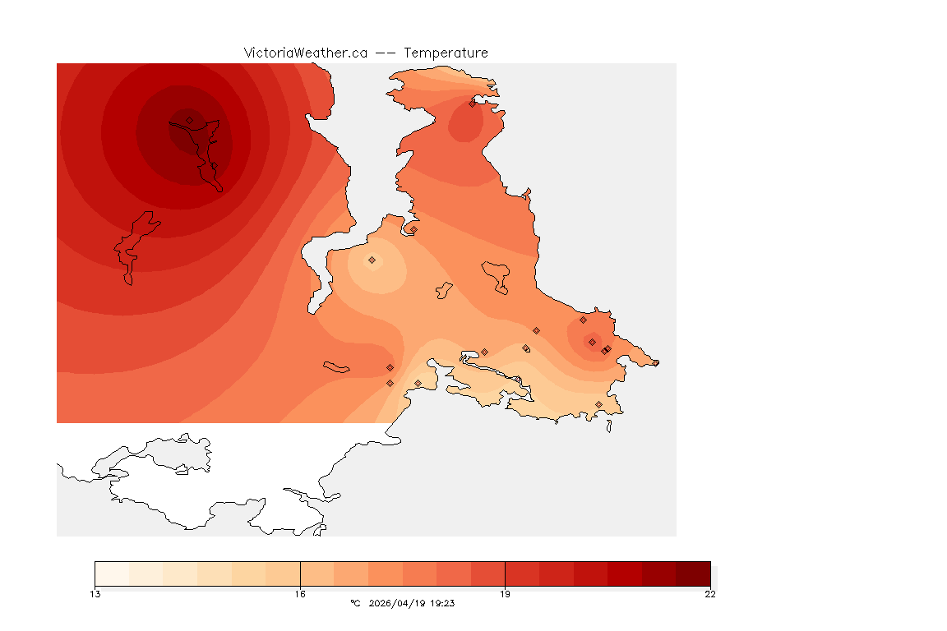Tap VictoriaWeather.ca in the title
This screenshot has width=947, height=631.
[305, 53]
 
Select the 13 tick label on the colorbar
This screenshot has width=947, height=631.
[95, 594]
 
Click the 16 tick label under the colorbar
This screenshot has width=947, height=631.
[300, 594]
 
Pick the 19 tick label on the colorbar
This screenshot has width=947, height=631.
[505, 594]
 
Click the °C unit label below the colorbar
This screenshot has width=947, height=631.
[355, 603]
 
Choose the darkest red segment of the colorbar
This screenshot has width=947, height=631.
[693, 573]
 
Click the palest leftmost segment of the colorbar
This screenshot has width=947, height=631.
[112, 573]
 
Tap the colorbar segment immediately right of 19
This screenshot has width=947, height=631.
[522, 573]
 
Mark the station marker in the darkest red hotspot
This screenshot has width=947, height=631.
[189, 120]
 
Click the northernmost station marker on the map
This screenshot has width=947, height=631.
[472, 104]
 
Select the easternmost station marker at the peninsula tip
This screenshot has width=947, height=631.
[655, 362]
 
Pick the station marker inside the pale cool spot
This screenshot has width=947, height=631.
[372, 260]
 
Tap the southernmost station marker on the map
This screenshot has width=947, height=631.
[598, 404]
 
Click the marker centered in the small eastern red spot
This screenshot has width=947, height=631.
[592, 342]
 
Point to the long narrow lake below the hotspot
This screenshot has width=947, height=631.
[133, 246]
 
